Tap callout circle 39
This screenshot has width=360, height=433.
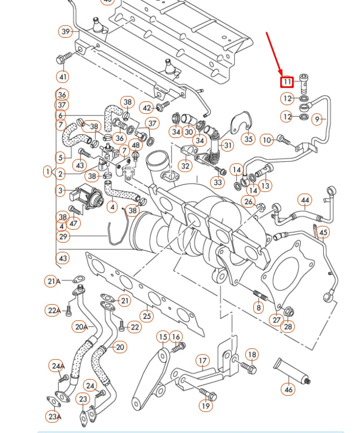pyautogui.click(x=66, y=31)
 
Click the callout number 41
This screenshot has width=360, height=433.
pyautogui.click(x=63, y=77)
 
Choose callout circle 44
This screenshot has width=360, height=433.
pyautogui.click(x=305, y=201)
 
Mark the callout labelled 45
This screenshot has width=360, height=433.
pyautogui.click(x=323, y=233)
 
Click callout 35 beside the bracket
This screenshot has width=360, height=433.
pyautogui.click(x=248, y=139)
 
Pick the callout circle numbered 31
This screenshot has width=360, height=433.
pyautogui.click(x=228, y=145)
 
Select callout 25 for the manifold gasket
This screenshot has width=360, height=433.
pyautogui.click(x=147, y=315)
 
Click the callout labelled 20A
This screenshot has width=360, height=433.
pyautogui.click(x=81, y=326)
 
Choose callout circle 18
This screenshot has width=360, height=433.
pyautogui.click(x=252, y=354)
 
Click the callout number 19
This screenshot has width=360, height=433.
pyautogui.click(x=206, y=405)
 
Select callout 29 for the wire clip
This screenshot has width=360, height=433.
pyautogui.click(x=64, y=236)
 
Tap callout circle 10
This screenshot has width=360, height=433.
pyautogui.click(x=267, y=140)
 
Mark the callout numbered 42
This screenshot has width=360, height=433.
pyautogui.click(x=147, y=108)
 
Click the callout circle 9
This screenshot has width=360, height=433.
pyautogui.click(x=317, y=119)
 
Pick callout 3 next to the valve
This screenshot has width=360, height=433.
pyautogui.click(x=60, y=190)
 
